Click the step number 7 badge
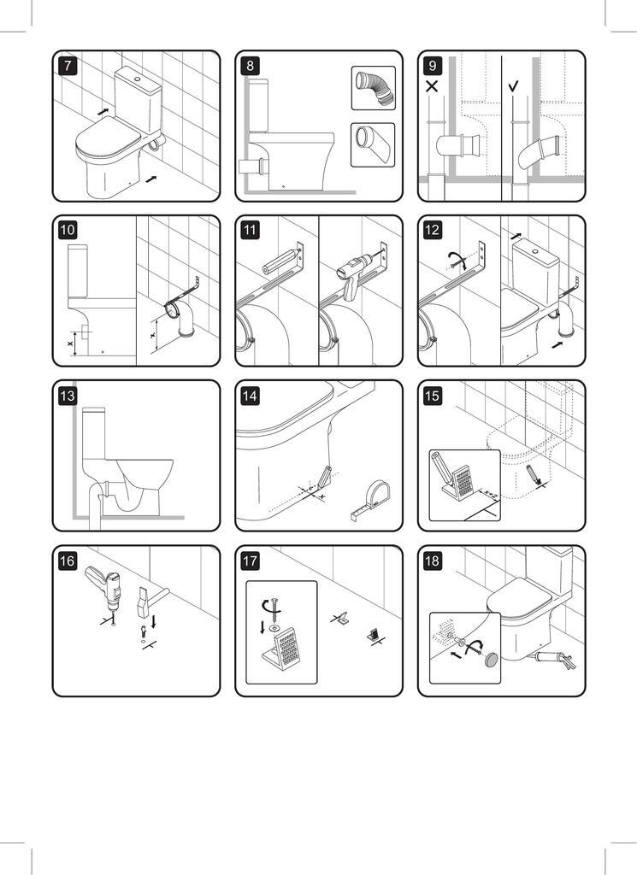[x=67, y=65]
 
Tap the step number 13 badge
[x=67, y=396]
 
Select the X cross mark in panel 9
[x=432, y=87]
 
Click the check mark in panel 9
[x=514, y=86]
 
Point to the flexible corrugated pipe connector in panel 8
[x=374, y=88]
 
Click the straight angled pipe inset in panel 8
[x=373, y=144]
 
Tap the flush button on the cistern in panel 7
[x=138, y=79]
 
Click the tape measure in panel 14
[x=369, y=500]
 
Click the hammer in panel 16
[x=150, y=600]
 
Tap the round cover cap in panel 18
[x=492, y=660]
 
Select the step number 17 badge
[x=250, y=561]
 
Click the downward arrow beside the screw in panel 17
[x=262, y=626]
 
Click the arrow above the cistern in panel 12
[x=516, y=237]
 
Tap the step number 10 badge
[x=67, y=230]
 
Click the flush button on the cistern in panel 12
[x=535, y=252]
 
